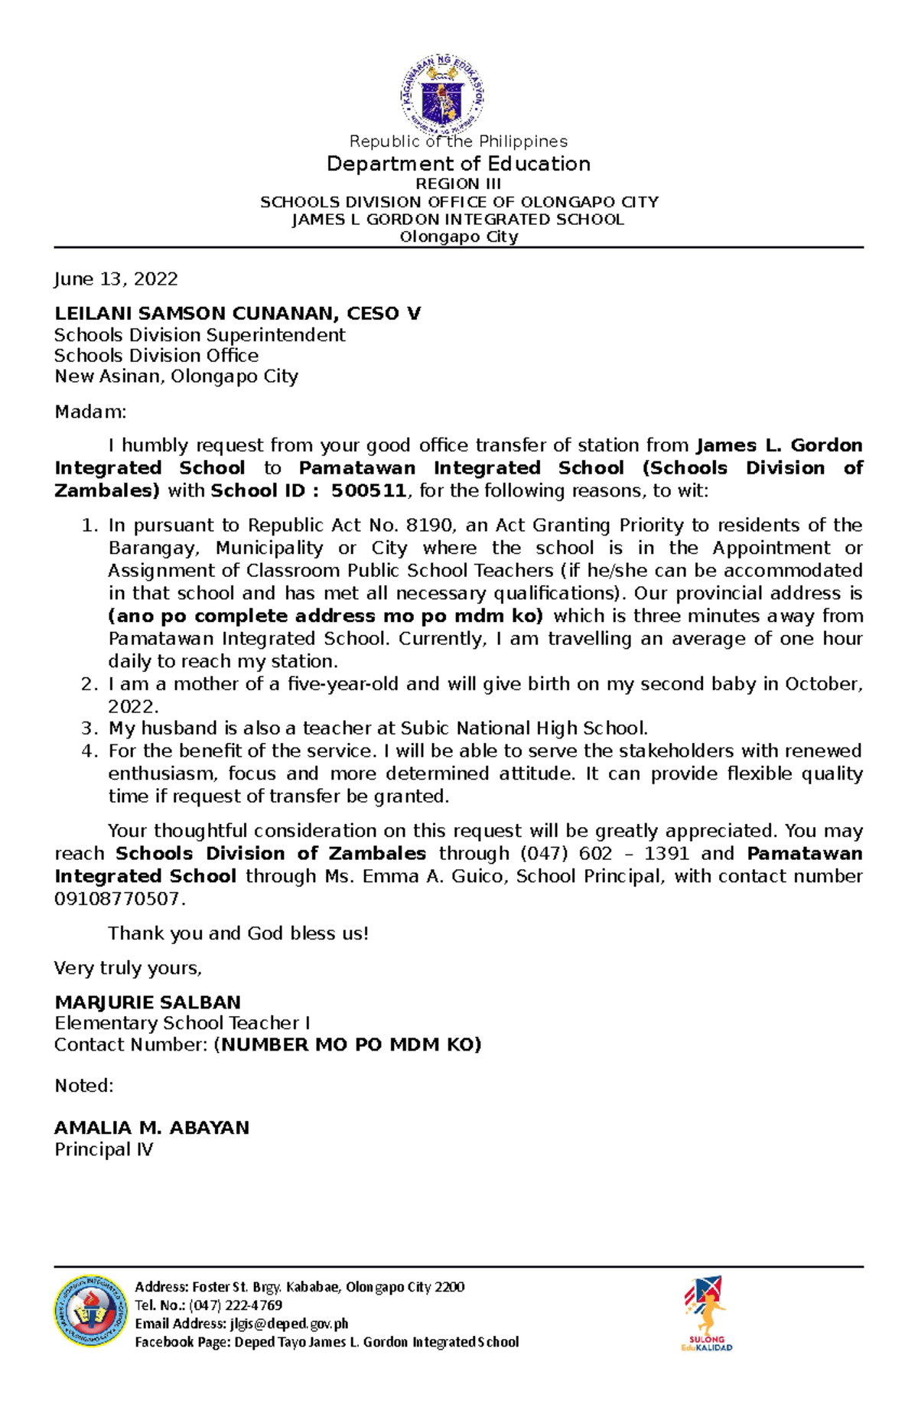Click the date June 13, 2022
click(x=116, y=279)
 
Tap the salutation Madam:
click(x=90, y=412)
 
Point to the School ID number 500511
click(x=369, y=491)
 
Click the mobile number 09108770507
click(x=117, y=899)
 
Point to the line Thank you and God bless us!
click(x=238, y=933)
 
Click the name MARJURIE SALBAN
click(x=148, y=1002)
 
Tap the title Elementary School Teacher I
click(x=182, y=1024)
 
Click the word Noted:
click(x=83, y=1086)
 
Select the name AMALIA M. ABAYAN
click(x=151, y=1128)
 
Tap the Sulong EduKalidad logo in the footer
click(x=705, y=1312)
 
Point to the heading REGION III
click(x=457, y=184)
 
